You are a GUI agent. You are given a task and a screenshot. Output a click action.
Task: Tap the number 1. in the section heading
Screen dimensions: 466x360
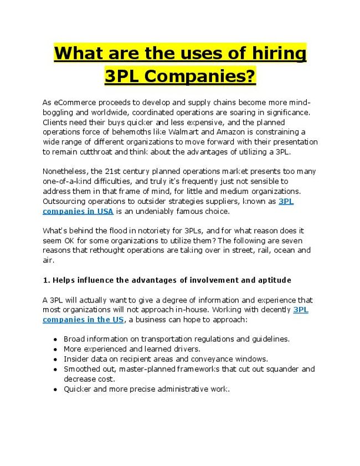(x=46, y=280)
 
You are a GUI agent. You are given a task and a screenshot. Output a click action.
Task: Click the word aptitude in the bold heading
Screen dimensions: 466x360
(x=272, y=280)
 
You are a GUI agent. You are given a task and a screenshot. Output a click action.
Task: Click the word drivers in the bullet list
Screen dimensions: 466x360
(x=186, y=349)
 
